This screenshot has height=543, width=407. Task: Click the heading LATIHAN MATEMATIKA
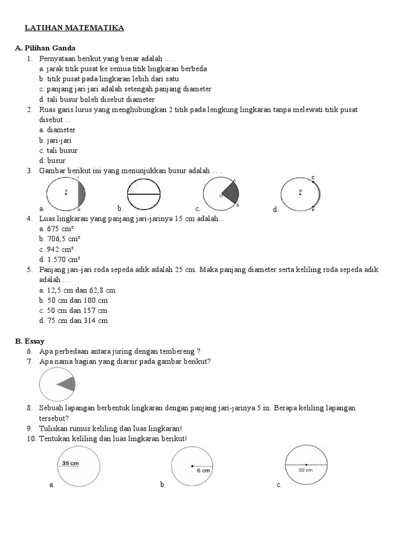tap(75, 28)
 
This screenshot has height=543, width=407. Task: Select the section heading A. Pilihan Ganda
tap(45, 48)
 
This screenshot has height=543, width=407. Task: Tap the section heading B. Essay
tap(30, 341)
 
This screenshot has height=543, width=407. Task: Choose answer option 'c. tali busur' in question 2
tap(58, 151)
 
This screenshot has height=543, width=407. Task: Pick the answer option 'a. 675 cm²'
tap(56, 229)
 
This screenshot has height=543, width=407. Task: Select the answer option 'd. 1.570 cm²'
tap(59, 259)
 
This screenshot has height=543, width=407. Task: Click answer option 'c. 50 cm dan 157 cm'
tap(73, 310)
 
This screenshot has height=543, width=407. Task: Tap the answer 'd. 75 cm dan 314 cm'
tap(73, 320)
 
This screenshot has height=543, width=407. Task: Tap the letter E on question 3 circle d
tap(313, 177)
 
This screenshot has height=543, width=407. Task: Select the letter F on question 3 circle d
tap(313, 211)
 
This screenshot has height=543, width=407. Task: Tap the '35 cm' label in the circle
tap(70, 463)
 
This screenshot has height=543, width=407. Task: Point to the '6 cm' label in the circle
tap(204, 470)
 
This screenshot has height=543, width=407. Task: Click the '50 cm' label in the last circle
tap(305, 470)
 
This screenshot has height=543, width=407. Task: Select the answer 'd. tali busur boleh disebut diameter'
tap(97, 99)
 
